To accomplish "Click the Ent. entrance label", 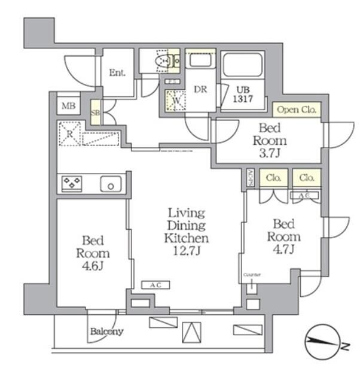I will tap(117, 73).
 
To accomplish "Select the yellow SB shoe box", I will tap(95, 113).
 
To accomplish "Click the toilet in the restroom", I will tap(162, 60).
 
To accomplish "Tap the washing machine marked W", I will tap(178, 100).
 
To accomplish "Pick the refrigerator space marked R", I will tap(70, 133).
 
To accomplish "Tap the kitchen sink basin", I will tap(111, 184).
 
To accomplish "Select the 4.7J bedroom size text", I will tap(284, 249).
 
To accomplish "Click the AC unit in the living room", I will tap(155, 285).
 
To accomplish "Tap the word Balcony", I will tap(107, 331).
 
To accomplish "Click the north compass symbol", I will tap(324, 344).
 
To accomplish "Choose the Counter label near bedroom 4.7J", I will tap(252, 275).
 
